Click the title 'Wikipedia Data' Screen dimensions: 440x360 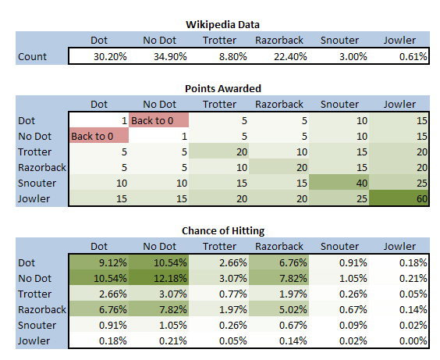pyautogui.click(x=222, y=25)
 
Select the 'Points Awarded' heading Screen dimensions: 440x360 pyautogui.click(x=223, y=89)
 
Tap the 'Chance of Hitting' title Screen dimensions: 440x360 pyautogui.click(x=223, y=231)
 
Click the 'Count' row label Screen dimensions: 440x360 pyautogui.click(x=32, y=57)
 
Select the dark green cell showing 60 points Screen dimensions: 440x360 pyautogui.click(x=399, y=198)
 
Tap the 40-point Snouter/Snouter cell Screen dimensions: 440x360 pyautogui.click(x=339, y=183)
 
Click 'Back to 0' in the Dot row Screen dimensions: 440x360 pyautogui.click(x=159, y=120)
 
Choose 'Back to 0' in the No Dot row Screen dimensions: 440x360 pyautogui.click(x=99, y=136)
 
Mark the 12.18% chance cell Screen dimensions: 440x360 pyautogui.click(x=159, y=278)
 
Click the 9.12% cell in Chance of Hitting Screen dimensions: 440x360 pyautogui.click(x=99, y=262)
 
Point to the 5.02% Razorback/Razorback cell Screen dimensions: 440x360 pyautogui.click(x=279, y=309)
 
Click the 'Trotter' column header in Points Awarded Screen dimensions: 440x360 pyautogui.click(x=219, y=105)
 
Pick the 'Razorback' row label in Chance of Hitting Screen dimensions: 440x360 pyautogui.click(x=42, y=309)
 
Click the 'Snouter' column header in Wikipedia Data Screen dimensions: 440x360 pyautogui.click(x=339, y=41)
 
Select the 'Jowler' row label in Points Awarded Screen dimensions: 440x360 pyautogui.click(x=34, y=199)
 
